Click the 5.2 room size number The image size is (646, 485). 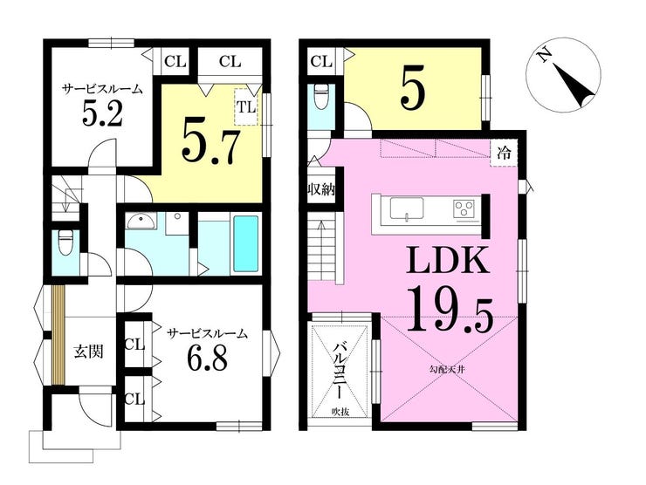click(103, 113)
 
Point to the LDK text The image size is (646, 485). click(448, 260)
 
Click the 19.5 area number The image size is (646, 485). click(450, 310)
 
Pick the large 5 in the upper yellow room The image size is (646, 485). click(412, 93)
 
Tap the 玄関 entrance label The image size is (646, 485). click(88, 352)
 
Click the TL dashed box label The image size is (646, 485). click(246, 107)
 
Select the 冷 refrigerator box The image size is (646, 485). click(503, 154)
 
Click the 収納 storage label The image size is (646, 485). click(322, 191)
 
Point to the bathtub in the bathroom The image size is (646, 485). click(246, 243)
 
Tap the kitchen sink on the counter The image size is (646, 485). click(407, 209)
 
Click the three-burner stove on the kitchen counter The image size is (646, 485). click(464, 208)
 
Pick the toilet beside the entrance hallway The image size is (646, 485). click(65, 242)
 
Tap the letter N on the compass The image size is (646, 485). click(545, 55)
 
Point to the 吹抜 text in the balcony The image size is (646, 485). click(340, 411)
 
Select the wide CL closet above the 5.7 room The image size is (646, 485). click(230, 62)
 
